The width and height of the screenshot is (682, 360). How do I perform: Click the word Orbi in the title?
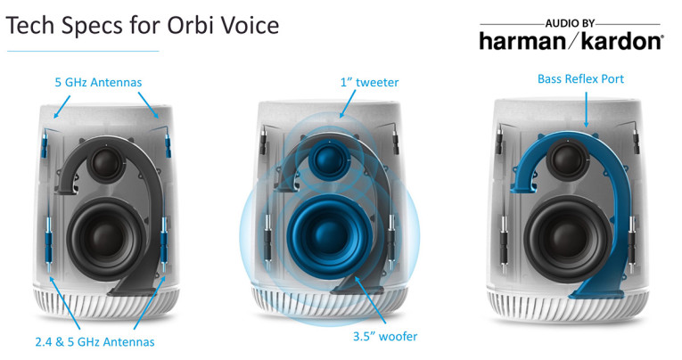click(192, 25)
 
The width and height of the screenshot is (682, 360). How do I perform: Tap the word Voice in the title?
click(250, 25)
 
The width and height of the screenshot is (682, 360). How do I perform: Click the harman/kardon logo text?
click(571, 42)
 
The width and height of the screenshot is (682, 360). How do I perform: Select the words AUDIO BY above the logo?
click(570, 23)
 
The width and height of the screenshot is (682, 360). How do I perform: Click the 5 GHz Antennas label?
click(98, 82)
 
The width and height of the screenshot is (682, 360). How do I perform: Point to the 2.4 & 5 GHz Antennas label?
click(94, 342)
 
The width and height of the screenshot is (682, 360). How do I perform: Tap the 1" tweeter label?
click(369, 82)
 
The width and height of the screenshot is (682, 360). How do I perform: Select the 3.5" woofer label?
click(385, 336)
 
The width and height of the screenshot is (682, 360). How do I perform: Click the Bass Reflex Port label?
click(580, 78)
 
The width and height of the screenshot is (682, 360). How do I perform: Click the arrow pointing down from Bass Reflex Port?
click(587, 110)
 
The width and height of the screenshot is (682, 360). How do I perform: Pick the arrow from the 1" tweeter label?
click(348, 104)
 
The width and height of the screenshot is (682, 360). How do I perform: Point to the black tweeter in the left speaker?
click(106, 160)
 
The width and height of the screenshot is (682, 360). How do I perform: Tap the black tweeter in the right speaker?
click(567, 160)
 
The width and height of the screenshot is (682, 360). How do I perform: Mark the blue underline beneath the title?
click(83, 52)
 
